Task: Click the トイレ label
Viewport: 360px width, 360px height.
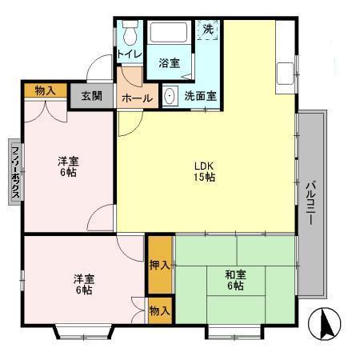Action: pyautogui.click(x=130, y=54)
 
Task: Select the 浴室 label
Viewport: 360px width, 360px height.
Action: pyautogui.click(x=168, y=62)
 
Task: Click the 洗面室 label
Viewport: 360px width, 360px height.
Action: pyautogui.click(x=199, y=95)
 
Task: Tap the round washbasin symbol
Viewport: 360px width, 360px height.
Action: pyautogui.click(x=170, y=95)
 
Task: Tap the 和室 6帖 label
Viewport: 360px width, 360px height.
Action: pyautogui.click(x=235, y=280)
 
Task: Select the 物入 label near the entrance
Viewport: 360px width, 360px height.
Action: pyautogui.click(x=45, y=90)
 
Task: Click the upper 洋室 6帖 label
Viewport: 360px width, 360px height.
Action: pyautogui.click(x=67, y=166)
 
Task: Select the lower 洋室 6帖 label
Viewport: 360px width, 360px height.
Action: pyautogui.click(x=83, y=284)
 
